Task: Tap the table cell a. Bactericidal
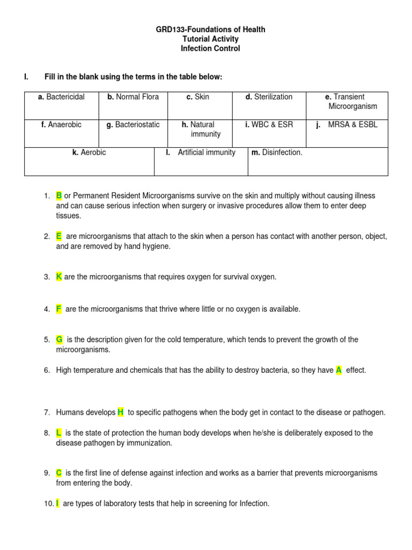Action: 61,97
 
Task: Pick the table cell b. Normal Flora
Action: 133,97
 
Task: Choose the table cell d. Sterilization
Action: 269,97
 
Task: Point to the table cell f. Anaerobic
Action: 61,125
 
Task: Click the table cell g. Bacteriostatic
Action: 133,125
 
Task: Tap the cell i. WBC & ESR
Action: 269,125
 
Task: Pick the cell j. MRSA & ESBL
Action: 348,125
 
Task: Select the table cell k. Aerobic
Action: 89,153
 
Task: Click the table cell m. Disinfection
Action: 277,153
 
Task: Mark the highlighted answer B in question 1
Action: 59,196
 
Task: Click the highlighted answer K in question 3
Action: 59,277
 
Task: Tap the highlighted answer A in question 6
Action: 339,370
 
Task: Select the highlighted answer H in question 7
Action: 120,412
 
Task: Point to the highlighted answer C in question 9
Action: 59,473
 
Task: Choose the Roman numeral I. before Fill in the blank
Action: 26,77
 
